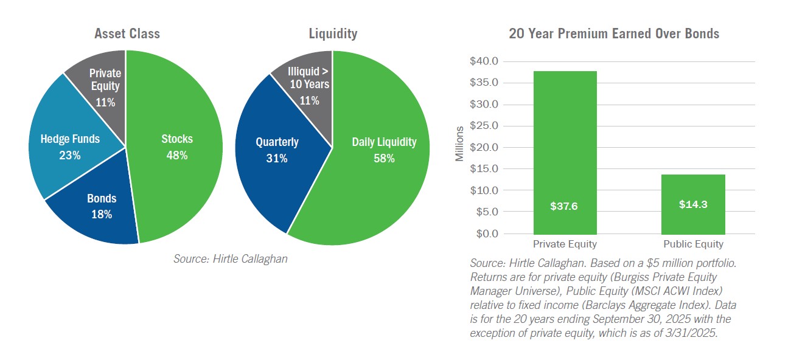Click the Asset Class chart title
127,34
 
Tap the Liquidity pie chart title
332,34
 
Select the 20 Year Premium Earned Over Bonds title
613,34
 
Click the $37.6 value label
565,206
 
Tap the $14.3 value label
693,205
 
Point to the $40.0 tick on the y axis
484,61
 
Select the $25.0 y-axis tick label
484,126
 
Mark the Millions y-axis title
459,144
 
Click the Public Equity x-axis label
693,244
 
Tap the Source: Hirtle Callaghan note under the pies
230,258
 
